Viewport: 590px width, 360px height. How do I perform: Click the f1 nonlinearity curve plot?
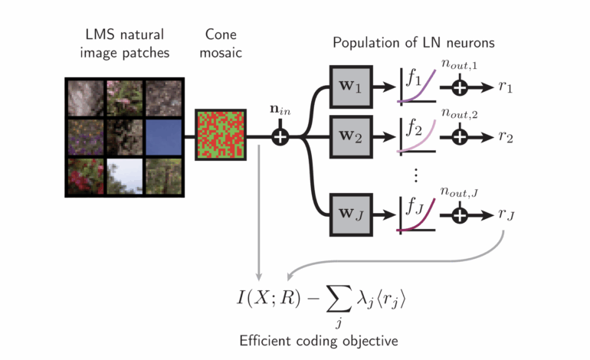point(417,86)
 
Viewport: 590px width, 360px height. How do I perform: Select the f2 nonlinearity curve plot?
point(417,136)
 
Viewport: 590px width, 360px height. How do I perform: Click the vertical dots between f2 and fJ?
point(416,175)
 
